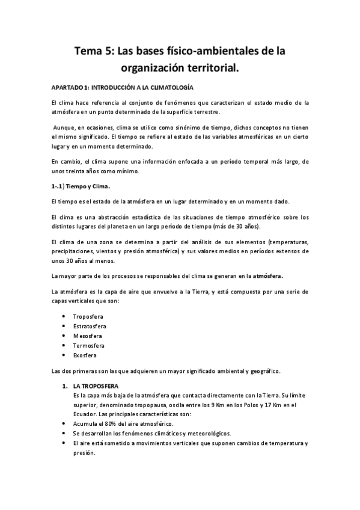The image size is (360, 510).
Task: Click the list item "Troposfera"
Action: pos(88,316)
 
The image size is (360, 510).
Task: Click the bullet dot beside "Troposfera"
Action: pos(64,316)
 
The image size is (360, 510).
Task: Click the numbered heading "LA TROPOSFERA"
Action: pos(96,385)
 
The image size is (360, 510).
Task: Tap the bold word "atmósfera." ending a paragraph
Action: pos(268,276)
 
